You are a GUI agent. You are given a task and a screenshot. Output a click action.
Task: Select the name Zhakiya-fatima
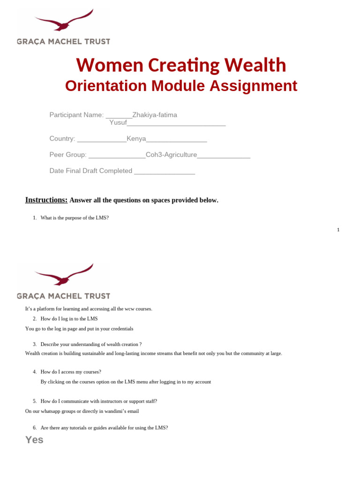pyautogui.click(x=155, y=115)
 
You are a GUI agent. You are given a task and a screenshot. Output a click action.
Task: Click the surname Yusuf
pyautogui.click(x=118, y=122)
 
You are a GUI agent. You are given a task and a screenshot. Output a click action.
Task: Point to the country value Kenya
pyautogui.click(x=136, y=139)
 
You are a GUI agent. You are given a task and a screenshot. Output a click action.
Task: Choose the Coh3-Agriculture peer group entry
pyautogui.click(x=171, y=155)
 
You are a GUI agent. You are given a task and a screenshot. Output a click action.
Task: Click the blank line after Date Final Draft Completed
pyautogui.click(x=164, y=171)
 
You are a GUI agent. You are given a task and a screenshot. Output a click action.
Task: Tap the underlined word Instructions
pyautogui.click(x=46, y=200)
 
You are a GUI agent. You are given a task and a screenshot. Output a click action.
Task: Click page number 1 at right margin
pyautogui.click(x=338, y=230)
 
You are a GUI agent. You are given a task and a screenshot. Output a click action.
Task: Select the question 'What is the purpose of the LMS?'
pyautogui.click(x=75, y=217)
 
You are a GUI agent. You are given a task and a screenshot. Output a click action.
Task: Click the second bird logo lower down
pyautogui.click(x=64, y=275)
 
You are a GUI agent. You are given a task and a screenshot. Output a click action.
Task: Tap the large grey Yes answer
pyautogui.click(x=34, y=440)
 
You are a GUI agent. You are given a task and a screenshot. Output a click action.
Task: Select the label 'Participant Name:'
pyautogui.click(x=76, y=115)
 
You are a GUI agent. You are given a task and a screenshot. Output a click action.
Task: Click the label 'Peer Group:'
pyautogui.click(x=68, y=155)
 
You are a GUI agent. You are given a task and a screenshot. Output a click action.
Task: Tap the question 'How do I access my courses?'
pyautogui.click(x=71, y=372)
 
